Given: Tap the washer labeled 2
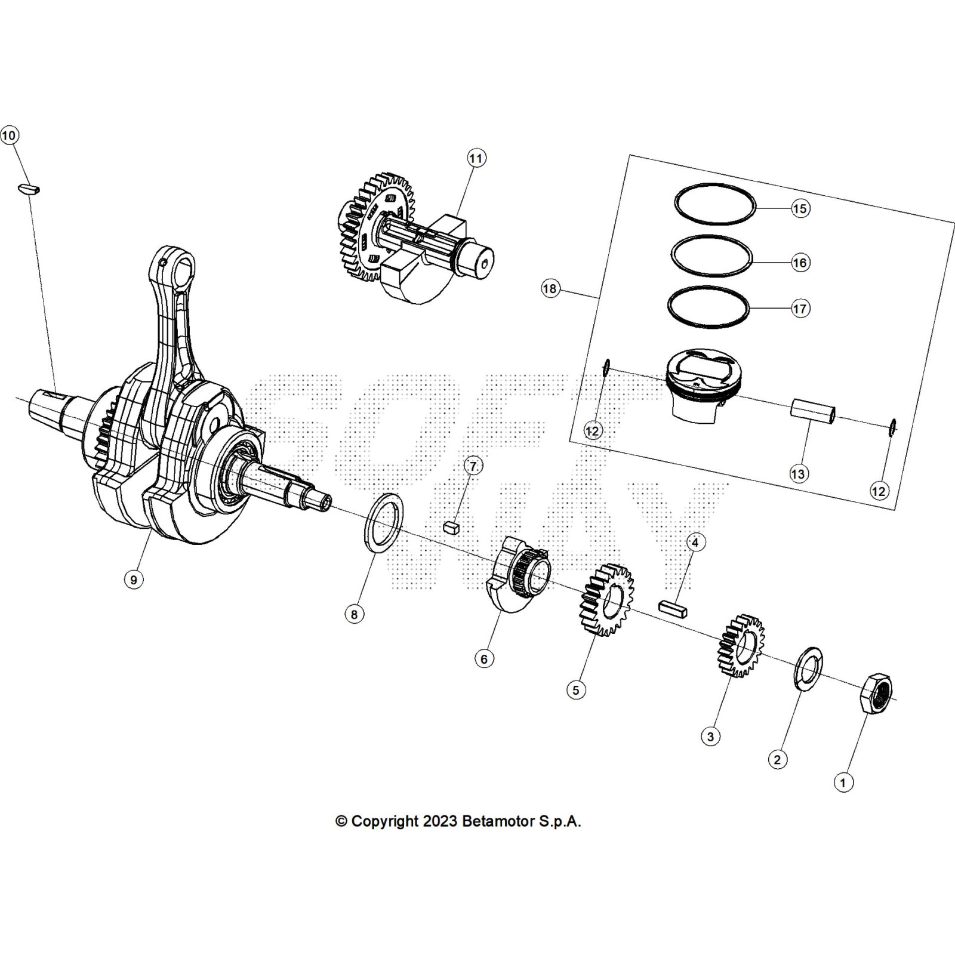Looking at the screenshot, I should click(x=809, y=668).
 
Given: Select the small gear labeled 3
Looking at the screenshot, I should click(x=740, y=646).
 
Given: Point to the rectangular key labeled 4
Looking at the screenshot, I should click(x=673, y=609).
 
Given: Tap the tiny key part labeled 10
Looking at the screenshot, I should click(x=28, y=189).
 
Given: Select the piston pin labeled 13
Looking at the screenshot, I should click(x=813, y=412).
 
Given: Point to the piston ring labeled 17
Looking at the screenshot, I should click(x=708, y=307).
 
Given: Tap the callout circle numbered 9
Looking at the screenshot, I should click(x=133, y=579).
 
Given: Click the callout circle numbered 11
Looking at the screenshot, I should click(x=476, y=158).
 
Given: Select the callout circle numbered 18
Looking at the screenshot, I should click(x=550, y=289).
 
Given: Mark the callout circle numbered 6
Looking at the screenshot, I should click(x=484, y=658).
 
